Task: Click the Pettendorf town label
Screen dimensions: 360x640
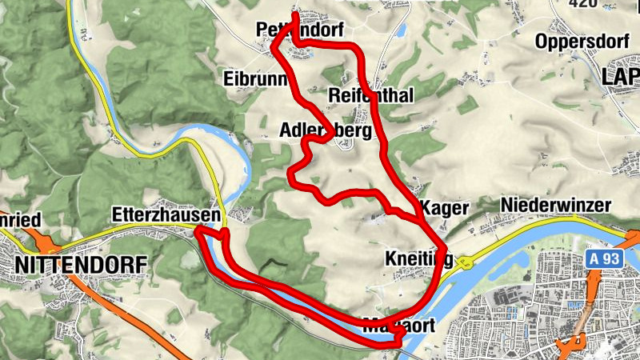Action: (x=300, y=30)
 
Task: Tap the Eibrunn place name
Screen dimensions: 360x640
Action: (x=250, y=78)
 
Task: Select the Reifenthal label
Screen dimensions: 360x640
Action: (x=370, y=96)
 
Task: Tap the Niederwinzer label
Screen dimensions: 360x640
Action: (x=555, y=206)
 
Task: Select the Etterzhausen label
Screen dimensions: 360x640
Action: (x=166, y=215)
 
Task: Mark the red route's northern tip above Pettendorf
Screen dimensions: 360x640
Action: (x=295, y=14)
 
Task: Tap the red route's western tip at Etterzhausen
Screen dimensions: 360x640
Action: (x=198, y=232)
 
